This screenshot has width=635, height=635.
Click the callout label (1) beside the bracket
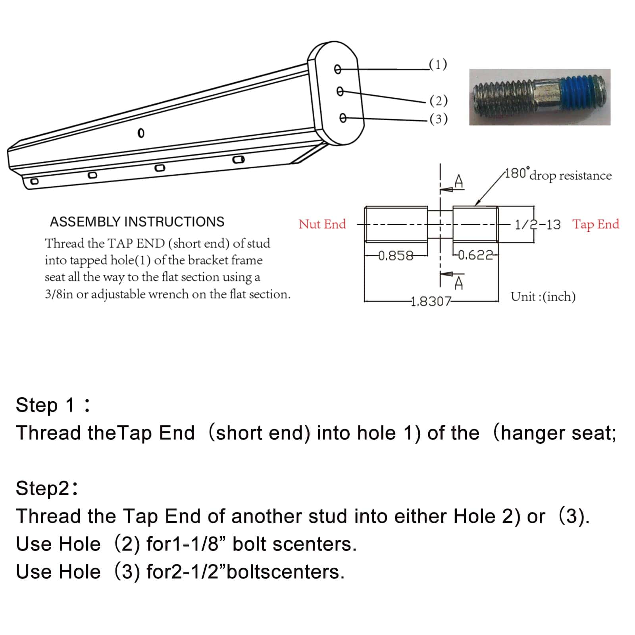coord(438,64)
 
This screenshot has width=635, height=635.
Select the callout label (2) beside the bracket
coord(439,101)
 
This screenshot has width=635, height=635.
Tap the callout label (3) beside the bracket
coord(439,119)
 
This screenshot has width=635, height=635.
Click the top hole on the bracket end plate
coord(337,69)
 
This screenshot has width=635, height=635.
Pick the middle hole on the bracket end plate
coord(340,92)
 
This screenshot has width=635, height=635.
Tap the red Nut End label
coord(322,224)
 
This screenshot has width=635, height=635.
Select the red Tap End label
coord(595,224)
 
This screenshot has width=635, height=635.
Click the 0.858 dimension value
coord(395,256)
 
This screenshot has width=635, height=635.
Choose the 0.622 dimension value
coord(475,255)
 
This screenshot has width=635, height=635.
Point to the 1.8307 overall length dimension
coord(431,302)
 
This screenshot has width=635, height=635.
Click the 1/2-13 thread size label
coord(537,225)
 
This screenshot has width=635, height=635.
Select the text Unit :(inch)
coord(543,296)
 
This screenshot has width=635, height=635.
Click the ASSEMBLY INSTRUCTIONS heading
coord(137,221)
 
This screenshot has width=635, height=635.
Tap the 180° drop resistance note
coord(558,175)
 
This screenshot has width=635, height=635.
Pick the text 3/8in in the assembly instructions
coord(59,294)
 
